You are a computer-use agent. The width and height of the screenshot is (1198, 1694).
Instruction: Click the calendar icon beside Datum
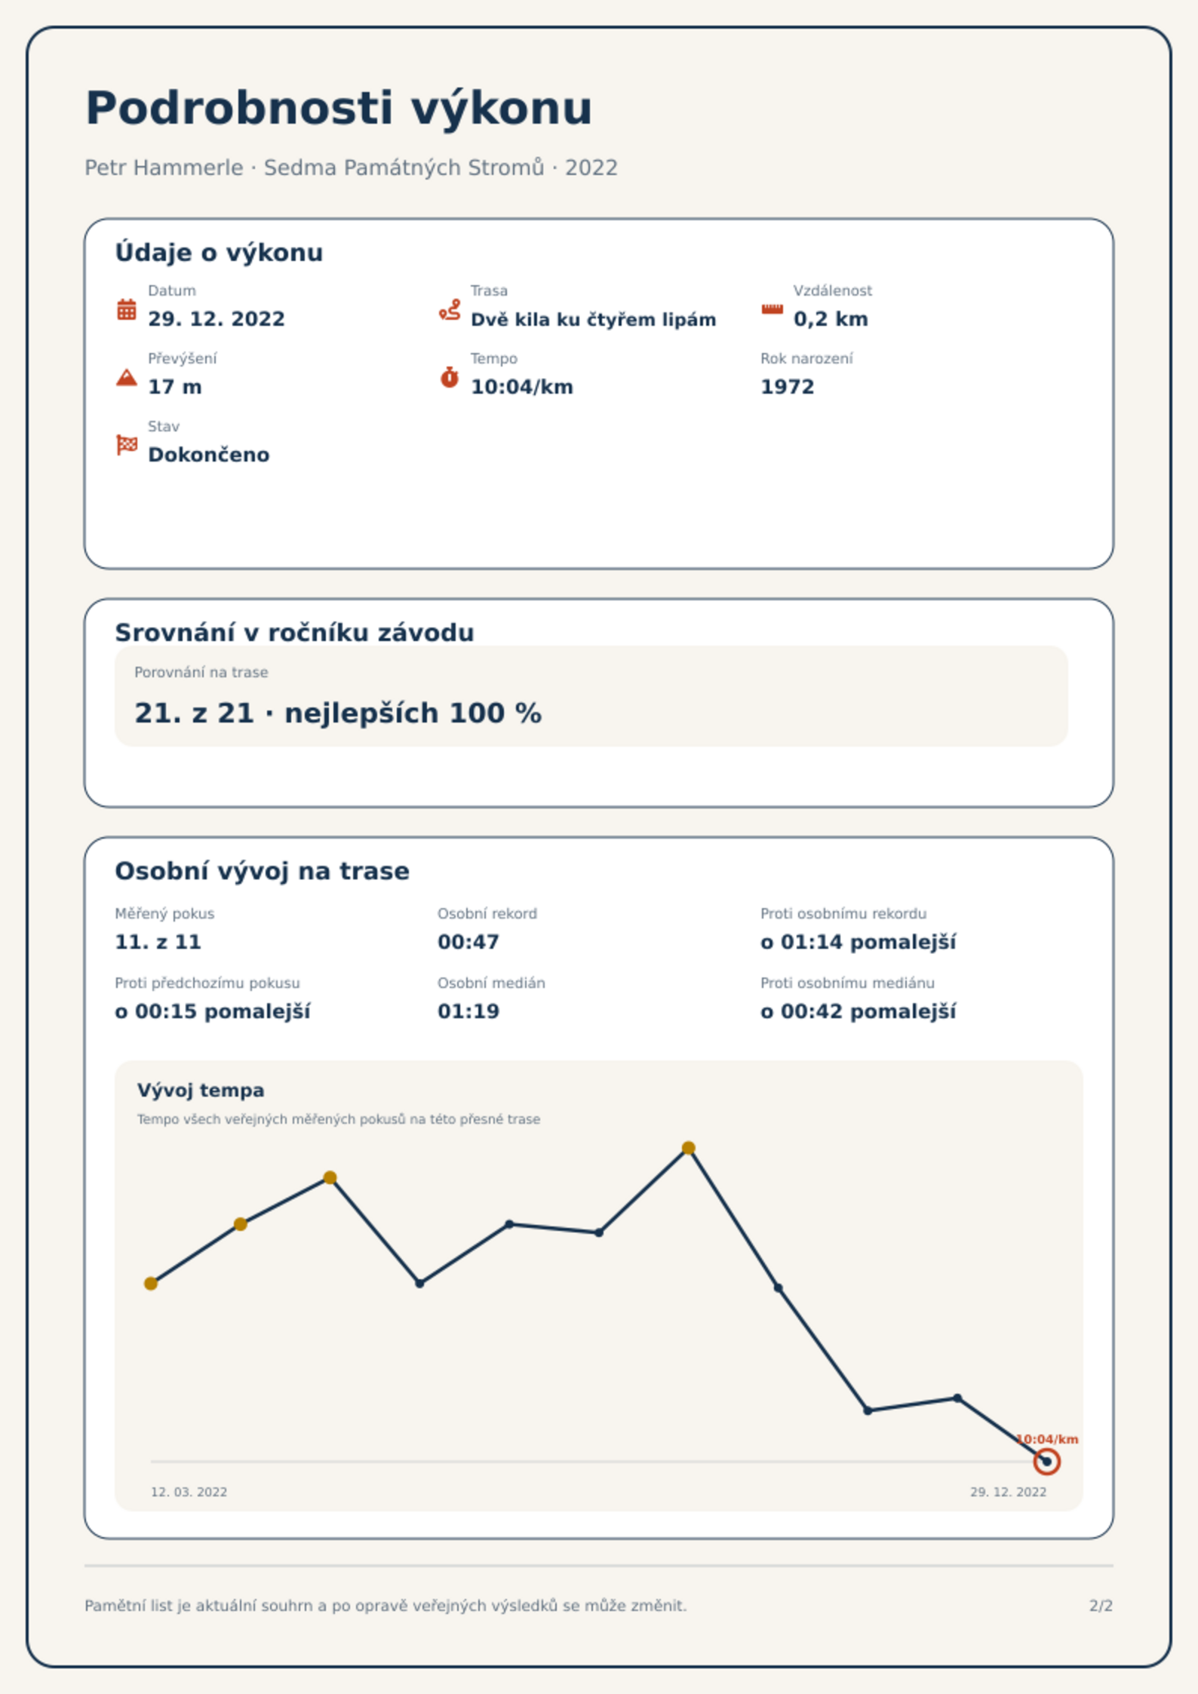tap(127, 309)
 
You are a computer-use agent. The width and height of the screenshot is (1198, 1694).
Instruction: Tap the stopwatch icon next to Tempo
tap(450, 377)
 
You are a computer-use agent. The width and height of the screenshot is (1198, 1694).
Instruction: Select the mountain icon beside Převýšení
tap(127, 377)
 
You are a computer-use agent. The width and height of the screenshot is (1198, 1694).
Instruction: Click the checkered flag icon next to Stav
tap(127, 445)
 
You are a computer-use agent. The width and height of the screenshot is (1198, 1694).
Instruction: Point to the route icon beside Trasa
tap(450, 309)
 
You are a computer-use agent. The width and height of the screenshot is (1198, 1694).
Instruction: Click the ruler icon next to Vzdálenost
tap(772, 309)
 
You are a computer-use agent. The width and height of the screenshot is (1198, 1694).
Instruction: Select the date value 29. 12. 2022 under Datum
tap(217, 319)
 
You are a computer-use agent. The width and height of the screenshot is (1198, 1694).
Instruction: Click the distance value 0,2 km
tap(831, 319)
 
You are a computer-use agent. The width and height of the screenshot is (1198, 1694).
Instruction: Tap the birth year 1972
tap(788, 387)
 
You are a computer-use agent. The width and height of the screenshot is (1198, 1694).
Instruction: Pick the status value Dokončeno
tap(209, 455)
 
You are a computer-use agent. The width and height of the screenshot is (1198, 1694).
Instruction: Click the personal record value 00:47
tap(468, 942)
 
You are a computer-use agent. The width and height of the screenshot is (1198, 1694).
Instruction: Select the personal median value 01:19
tap(468, 1011)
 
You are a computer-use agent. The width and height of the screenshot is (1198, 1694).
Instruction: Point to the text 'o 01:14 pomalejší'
tap(858, 942)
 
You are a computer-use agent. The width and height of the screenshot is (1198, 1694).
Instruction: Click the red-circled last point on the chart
tap(1046, 1462)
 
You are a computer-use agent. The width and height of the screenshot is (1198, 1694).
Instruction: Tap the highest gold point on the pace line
tap(688, 1148)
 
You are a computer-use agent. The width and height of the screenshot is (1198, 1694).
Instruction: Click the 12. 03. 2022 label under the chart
tap(189, 1492)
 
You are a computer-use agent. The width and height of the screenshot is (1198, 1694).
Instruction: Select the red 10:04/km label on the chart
tap(1047, 1439)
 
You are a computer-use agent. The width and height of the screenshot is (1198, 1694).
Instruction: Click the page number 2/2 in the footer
tap(1101, 1606)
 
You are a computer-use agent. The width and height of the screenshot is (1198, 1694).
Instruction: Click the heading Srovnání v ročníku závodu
tap(294, 632)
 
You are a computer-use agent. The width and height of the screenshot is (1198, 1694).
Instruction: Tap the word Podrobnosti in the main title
tap(239, 108)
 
